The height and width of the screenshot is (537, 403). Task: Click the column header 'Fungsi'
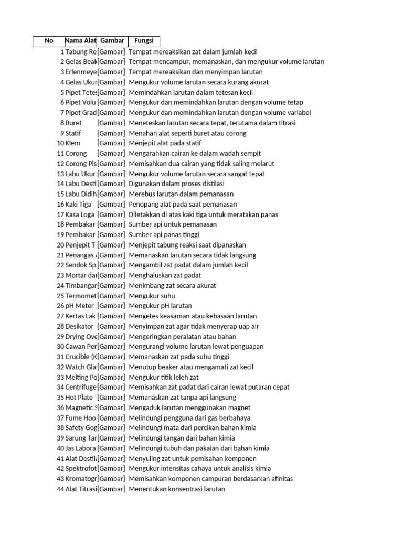pyautogui.click(x=143, y=41)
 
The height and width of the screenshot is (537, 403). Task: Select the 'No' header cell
pyautogui.click(x=49, y=41)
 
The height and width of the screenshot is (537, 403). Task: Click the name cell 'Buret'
pyautogui.click(x=73, y=123)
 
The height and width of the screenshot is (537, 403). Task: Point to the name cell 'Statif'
pyautogui.click(x=74, y=133)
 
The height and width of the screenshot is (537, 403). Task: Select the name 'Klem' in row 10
pyautogui.click(x=73, y=143)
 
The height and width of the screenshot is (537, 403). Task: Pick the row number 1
pyautogui.click(x=62, y=52)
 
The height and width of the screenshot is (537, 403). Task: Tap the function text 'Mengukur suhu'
pyautogui.click(x=152, y=296)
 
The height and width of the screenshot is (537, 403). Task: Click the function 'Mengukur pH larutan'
pyautogui.click(x=160, y=306)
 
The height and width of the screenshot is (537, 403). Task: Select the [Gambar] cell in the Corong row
pyautogui.click(x=111, y=153)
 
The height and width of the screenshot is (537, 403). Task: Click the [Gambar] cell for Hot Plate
pyautogui.click(x=111, y=398)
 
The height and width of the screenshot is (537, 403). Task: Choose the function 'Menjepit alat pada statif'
pyautogui.click(x=165, y=143)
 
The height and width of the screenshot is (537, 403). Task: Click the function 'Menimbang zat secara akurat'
pyautogui.click(x=172, y=286)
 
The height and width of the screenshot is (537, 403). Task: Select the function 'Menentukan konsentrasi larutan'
pyautogui.click(x=177, y=489)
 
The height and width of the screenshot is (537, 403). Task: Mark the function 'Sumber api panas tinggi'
pyautogui.click(x=164, y=234)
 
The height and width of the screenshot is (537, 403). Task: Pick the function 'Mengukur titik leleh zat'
pyautogui.click(x=164, y=377)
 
